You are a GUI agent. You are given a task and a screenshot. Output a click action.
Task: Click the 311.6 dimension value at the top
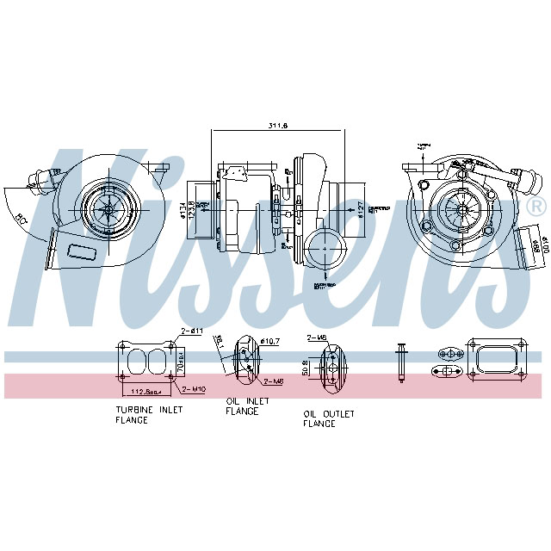tap(277, 127)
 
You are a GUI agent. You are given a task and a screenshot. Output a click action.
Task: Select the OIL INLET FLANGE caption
tap(247, 406)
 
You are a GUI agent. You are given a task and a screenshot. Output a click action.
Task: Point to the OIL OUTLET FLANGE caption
tap(328, 418)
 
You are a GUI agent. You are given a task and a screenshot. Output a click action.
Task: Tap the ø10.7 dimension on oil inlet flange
tap(270, 343)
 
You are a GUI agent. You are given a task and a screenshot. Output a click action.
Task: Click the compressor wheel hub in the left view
tap(109, 205)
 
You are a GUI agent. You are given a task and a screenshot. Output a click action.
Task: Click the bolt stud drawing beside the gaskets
tap(400, 362)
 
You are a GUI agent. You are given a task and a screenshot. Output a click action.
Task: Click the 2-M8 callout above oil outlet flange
tap(317, 338)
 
